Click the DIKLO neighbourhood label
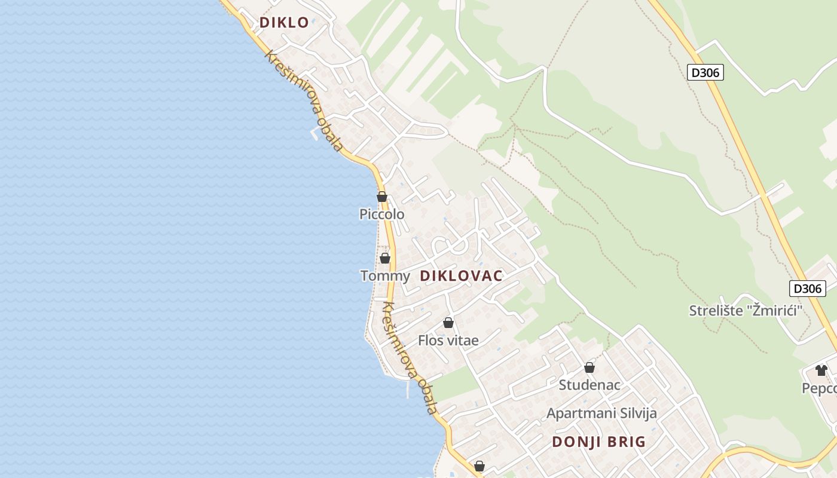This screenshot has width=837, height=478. [x=284, y=23]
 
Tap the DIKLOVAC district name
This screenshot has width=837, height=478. [x=461, y=276]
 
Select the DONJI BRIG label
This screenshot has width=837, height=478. [x=598, y=442]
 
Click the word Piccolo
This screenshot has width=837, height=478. [x=381, y=214]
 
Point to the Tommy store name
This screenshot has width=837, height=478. [x=385, y=276]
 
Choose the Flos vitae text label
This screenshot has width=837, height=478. [x=448, y=341]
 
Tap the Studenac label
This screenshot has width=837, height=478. [x=589, y=385]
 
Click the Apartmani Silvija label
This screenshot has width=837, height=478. [x=601, y=413]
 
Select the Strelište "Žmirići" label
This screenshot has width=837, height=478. [x=745, y=311]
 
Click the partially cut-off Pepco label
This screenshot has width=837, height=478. [x=819, y=388]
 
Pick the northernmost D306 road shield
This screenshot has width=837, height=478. [x=705, y=73]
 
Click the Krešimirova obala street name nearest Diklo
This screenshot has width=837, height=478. [x=304, y=100]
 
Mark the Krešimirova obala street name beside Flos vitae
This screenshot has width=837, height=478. [x=410, y=358]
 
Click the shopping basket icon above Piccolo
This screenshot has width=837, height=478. [x=382, y=197]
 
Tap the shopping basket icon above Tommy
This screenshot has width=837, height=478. [x=385, y=258]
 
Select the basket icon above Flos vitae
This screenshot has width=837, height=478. [x=448, y=323]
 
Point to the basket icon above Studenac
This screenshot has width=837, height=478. [x=589, y=367]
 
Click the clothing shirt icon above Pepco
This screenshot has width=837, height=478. [x=821, y=370]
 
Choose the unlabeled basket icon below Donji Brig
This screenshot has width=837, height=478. [x=479, y=465]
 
